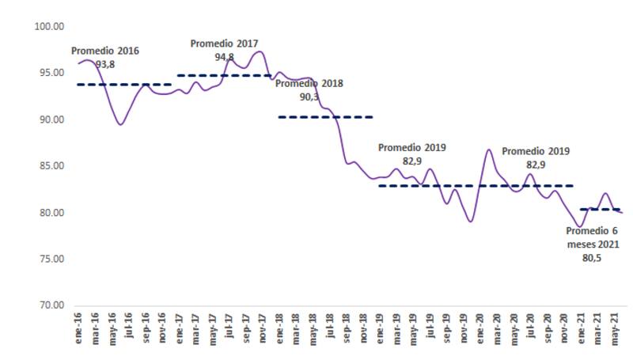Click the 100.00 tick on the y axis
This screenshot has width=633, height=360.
49,27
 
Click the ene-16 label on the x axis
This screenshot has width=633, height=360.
78,326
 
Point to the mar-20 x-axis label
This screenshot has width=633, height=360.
496,326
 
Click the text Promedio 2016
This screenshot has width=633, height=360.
105,51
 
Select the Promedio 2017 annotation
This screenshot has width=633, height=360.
225,44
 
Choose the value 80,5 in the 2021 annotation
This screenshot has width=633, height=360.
592,258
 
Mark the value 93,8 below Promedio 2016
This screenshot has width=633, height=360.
105,63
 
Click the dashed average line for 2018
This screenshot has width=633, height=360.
325,117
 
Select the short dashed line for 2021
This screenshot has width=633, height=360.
599,210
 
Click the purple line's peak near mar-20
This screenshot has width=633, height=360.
489,149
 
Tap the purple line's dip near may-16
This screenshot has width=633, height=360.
119,124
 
